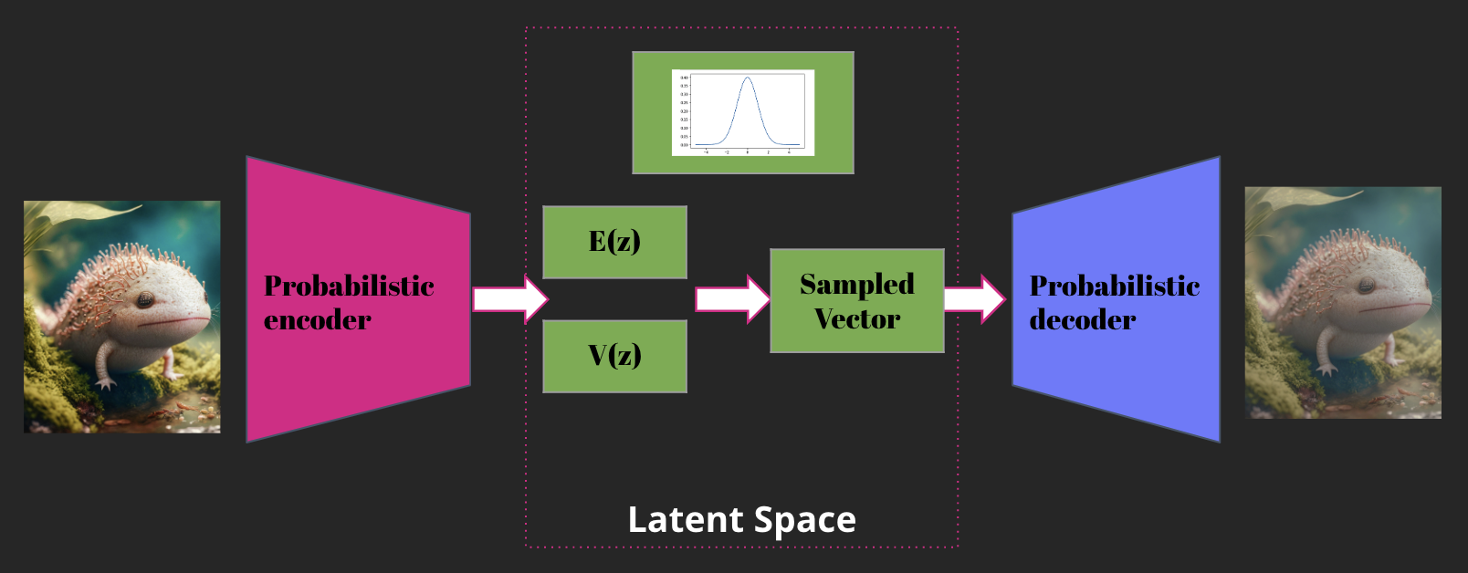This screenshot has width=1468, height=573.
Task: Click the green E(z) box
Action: [614, 242]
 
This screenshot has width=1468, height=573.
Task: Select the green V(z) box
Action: [614, 356]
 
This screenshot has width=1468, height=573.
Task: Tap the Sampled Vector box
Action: [856, 300]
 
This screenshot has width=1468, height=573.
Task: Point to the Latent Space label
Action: [741, 520]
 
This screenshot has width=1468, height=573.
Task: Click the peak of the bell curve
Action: [748, 78]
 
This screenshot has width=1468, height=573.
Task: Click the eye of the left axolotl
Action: [145, 299]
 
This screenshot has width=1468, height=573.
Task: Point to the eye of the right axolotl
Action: [1366, 286]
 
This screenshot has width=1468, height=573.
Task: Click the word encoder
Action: [317, 320]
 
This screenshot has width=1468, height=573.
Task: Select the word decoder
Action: [1082, 320]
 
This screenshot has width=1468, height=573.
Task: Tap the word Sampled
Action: [856, 284]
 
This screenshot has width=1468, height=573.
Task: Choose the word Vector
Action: [856, 318]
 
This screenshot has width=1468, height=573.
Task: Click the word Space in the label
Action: [805, 520]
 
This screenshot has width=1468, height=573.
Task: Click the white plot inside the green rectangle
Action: [742, 112]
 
